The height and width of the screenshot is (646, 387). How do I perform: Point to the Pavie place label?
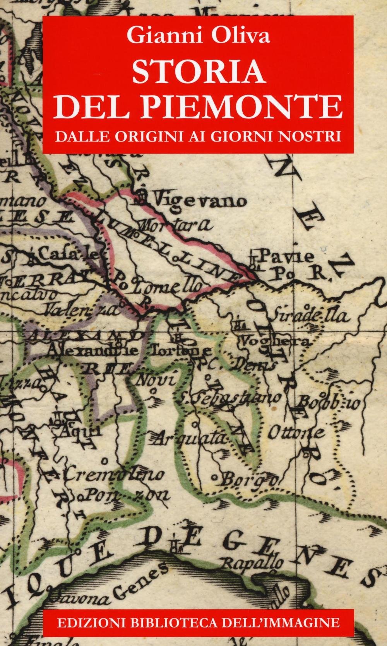282,256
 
